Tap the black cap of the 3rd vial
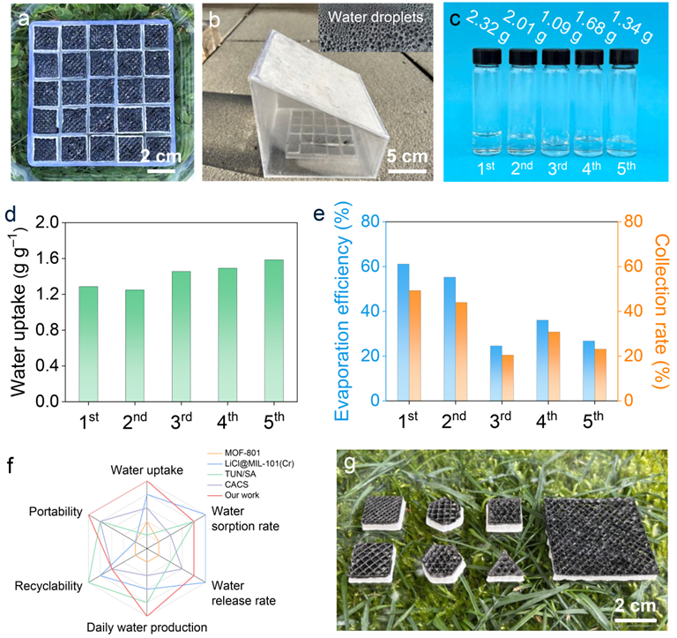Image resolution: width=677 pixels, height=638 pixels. point(554,57)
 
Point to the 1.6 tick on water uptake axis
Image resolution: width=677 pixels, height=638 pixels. point(48,259)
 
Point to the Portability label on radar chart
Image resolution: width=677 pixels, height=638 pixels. point(56,512)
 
